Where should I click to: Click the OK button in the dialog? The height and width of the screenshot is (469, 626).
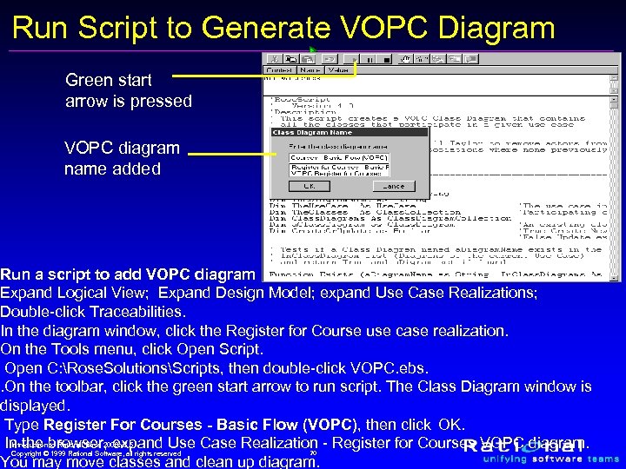(x=308, y=186)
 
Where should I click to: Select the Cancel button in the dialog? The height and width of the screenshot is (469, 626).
(x=393, y=186)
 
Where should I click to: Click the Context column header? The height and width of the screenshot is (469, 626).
(x=278, y=69)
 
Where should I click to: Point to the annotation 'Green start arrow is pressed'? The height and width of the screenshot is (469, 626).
(x=128, y=90)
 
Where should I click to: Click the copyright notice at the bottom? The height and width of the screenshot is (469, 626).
(x=96, y=452)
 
